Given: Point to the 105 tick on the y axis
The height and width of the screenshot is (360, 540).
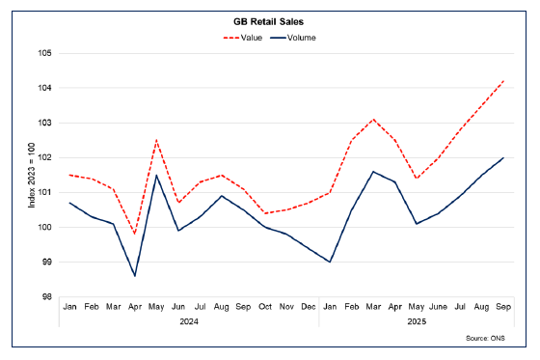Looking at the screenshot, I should click(45, 53).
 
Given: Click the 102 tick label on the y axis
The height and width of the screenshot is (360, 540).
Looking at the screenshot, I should click(45, 157).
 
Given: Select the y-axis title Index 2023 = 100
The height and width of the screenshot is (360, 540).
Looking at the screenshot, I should click(32, 175).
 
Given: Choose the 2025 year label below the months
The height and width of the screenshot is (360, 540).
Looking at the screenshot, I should click(416, 321).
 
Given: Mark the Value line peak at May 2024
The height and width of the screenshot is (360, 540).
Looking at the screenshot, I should click(156, 140).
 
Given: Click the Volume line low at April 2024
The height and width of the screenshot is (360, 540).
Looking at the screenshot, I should click(135, 276).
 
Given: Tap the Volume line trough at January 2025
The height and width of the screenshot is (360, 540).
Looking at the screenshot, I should click(330, 262).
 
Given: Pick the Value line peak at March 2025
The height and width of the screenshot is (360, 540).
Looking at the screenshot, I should click(373, 120).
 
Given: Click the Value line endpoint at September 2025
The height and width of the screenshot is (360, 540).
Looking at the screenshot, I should click(502, 81).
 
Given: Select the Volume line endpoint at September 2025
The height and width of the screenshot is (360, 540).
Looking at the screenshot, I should click(502, 157).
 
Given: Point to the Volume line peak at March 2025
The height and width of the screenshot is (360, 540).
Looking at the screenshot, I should click(373, 172).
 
